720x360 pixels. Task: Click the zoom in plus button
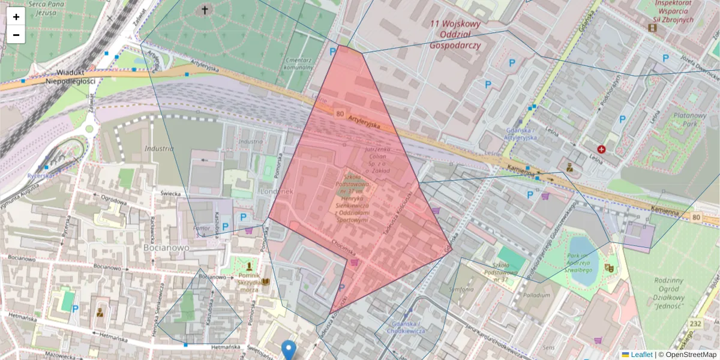(x=16, y=16)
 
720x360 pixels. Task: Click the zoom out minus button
(x=16, y=35)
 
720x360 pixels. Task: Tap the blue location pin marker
(x=289, y=349)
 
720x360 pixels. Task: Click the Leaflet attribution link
(x=641, y=355)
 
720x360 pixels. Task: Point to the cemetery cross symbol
(x=205, y=10)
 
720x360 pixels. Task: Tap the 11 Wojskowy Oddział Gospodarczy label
(x=455, y=35)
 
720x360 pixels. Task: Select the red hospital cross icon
(x=601, y=149)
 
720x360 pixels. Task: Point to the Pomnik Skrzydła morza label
(x=241, y=282)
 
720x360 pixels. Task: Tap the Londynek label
(x=277, y=191)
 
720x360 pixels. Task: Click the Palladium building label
(x=536, y=295)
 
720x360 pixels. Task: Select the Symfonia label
(x=462, y=290)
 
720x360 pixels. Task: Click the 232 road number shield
(x=695, y=324)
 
